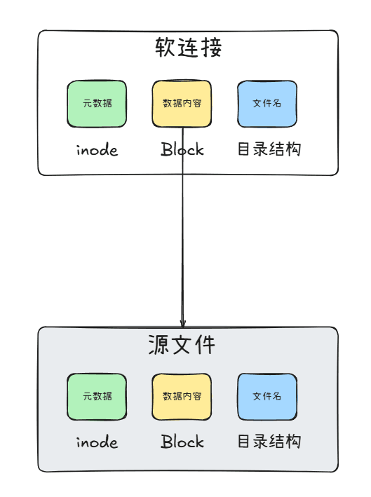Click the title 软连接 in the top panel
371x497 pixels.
tap(189, 48)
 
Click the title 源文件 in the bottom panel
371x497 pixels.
tap(182, 345)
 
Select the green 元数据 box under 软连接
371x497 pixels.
tap(97, 104)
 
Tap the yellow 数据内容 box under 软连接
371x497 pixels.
tap(182, 104)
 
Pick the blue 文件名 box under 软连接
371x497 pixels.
tap(267, 104)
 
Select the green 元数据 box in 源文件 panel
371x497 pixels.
tap(97, 397)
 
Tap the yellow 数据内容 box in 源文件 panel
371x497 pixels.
tap(182, 397)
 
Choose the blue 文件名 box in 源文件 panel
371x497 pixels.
tap(267, 397)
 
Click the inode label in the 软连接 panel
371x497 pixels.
tap(97, 149)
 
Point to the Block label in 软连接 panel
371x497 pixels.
tap(182, 149)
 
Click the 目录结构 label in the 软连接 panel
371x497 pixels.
tap(269, 149)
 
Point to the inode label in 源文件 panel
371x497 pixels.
tap(97, 442)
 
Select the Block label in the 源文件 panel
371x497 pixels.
tap(182, 441)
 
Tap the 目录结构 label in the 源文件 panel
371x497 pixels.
tap(269, 441)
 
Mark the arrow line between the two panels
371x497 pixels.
tap(182, 227)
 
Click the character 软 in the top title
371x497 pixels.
tap(165, 48)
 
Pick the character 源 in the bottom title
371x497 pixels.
tap(158, 345)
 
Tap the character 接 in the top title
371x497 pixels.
tap(212, 48)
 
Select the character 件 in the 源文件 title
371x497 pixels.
tap(205, 345)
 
